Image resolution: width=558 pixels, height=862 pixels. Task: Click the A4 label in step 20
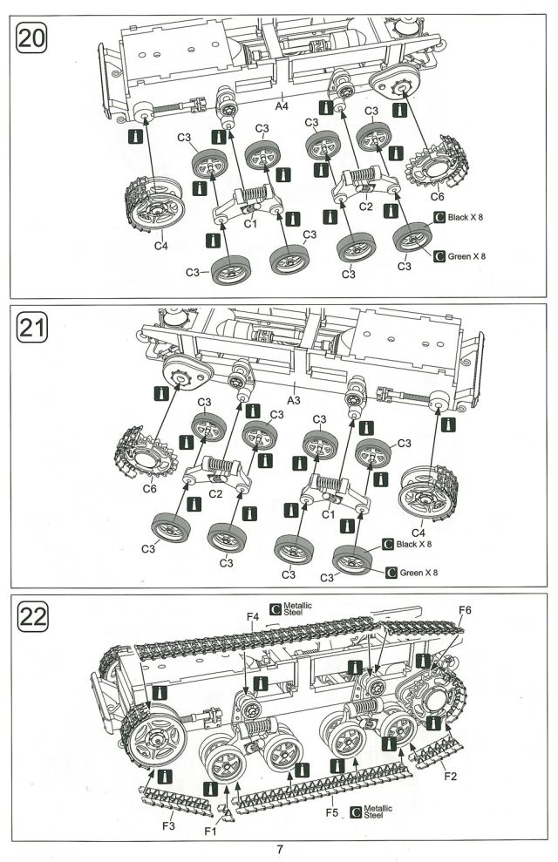(x=282, y=106)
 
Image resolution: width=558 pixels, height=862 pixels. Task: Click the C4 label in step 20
(x=160, y=247)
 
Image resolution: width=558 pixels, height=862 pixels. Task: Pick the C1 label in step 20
(x=250, y=224)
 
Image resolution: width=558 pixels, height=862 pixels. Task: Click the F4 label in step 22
(x=253, y=617)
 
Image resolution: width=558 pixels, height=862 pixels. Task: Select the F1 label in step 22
(x=210, y=831)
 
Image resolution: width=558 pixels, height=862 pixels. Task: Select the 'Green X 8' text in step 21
(x=418, y=574)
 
